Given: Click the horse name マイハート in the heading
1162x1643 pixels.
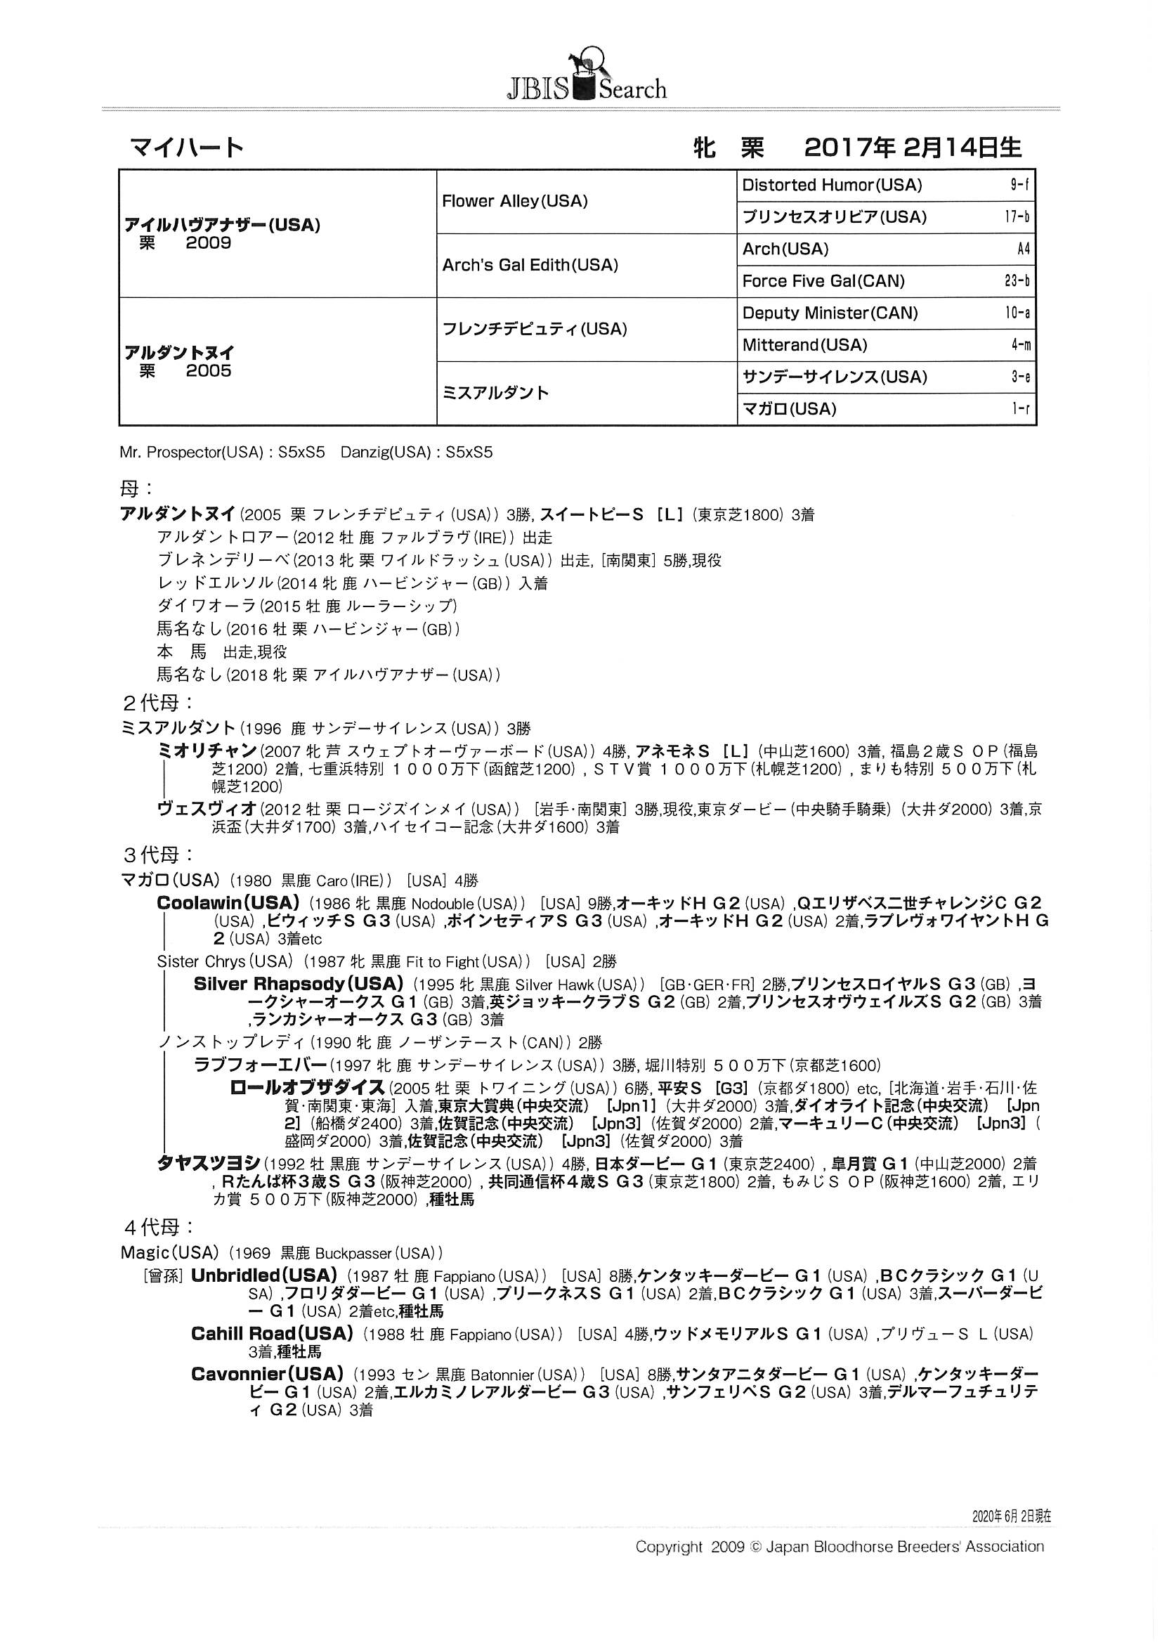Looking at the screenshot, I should coord(187,148).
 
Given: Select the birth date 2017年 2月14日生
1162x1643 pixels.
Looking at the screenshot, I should coord(913,148).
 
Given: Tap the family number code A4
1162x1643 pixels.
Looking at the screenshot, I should coord(1022,249).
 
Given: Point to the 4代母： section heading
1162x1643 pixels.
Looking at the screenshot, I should coord(158,1228).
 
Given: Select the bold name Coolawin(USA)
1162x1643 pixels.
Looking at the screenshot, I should coord(228,903).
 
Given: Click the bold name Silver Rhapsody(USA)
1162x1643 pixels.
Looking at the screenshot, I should coord(298,984).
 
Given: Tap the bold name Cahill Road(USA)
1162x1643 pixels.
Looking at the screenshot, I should coord(272,1334).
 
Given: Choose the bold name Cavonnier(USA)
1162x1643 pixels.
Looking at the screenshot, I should coord(267,1374).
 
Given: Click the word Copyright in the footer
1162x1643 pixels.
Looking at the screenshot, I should coord(668,1547).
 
